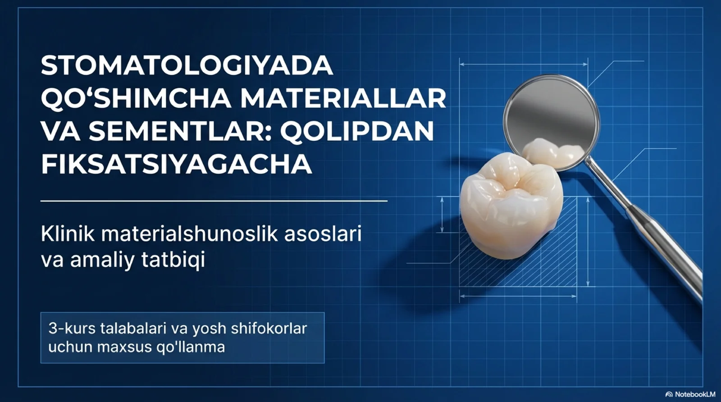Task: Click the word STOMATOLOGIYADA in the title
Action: pyautogui.click(x=187, y=66)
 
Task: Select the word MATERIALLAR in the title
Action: pyautogui.click(x=343, y=98)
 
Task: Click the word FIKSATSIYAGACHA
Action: pyautogui.click(x=176, y=164)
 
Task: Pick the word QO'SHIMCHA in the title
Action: pyautogui.click(x=136, y=98)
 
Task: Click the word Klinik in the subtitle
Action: pyautogui.click(x=68, y=234)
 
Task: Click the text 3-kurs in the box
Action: pyautogui.click(x=72, y=329)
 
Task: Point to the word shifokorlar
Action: pyautogui.click(x=269, y=329)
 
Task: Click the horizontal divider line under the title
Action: pyautogui.click(x=214, y=201)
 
